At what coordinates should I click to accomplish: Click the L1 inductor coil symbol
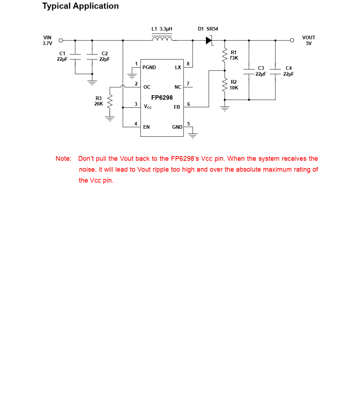coord(162,39)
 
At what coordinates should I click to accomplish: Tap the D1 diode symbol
coord(209,40)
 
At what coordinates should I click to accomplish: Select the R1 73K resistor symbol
coord(225,55)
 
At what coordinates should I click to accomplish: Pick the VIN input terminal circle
coord(61,40)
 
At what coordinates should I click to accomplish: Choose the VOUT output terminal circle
coord(292,40)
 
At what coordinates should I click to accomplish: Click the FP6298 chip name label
coord(162,97)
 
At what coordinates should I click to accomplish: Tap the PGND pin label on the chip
coord(149,67)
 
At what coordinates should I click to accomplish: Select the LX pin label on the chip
coord(178,67)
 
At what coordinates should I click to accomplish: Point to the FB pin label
coord(177,107)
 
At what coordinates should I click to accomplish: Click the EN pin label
coord(146,127)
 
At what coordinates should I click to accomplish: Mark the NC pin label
coord(178,87)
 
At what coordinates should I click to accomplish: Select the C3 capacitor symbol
coord(249,71)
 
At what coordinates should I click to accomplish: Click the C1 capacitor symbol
coord(75,56)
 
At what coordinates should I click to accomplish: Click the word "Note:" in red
coord(64,159)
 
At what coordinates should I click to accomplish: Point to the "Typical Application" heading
coord(80,6)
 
